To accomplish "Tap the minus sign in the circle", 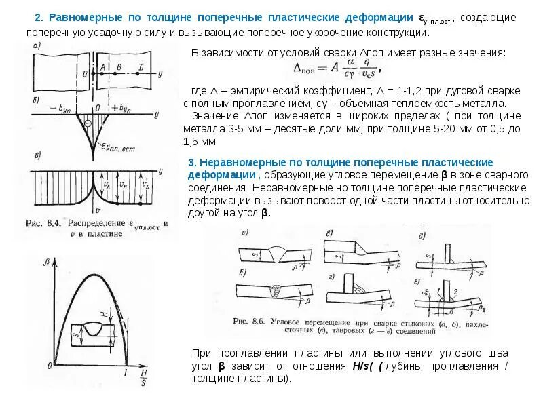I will pos(88,123).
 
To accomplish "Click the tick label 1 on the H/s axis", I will pos(126,372).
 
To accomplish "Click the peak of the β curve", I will pos(88,275).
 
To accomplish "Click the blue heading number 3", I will pos(192,163).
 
